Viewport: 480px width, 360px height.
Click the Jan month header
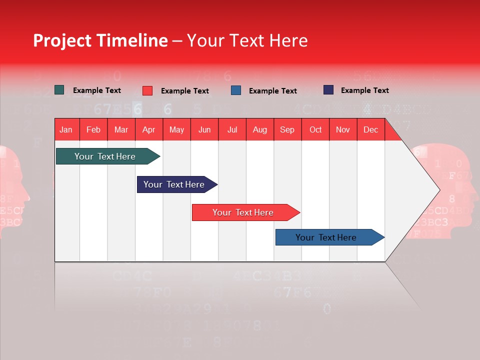[66, 129]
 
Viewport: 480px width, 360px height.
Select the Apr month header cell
[149, 129]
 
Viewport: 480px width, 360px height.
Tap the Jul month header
[232, 129]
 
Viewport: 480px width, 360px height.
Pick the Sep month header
[287, 129]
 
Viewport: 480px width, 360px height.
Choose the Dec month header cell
[370, 129]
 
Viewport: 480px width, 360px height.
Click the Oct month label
[315, 129]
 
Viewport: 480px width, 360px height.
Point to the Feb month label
[93, 129]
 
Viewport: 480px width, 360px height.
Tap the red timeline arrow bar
[243, 212]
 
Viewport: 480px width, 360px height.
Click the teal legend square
[59, 90]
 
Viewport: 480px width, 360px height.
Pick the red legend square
[147, 90]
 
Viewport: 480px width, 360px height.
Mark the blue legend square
[236, 90]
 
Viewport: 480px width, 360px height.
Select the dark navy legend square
[328, 90]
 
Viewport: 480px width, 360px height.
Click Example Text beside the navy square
[364, 90]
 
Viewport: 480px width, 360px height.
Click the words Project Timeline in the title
[100, 40]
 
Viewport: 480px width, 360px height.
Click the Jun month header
[204, 129]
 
